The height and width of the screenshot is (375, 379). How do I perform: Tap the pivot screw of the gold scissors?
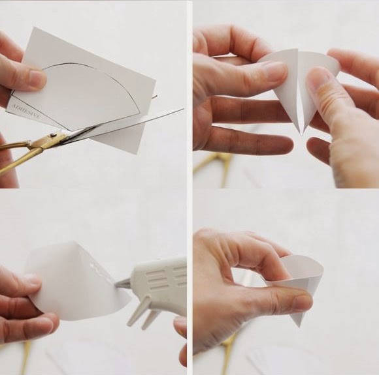click(54, 134)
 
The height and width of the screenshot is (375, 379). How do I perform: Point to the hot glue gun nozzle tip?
click(116, 285)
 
